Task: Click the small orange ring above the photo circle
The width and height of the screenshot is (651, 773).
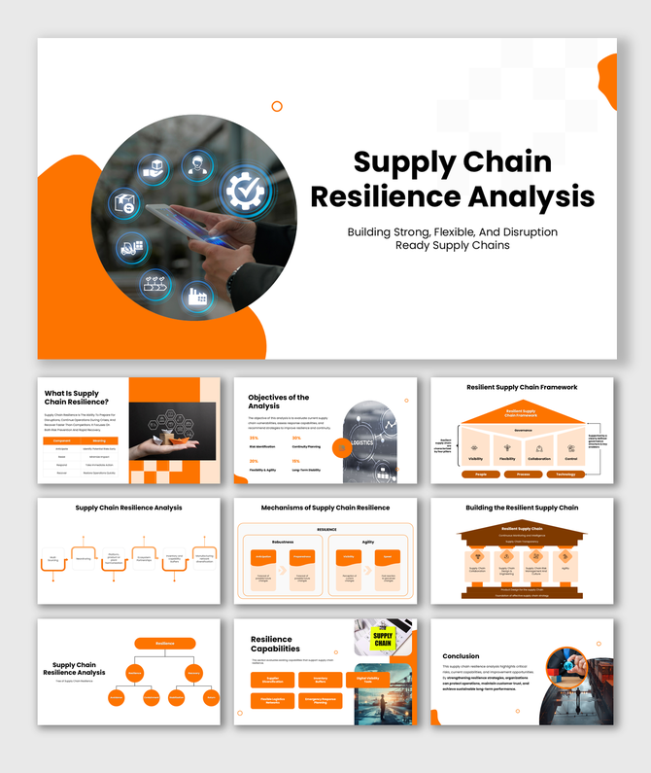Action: tap(277, 106)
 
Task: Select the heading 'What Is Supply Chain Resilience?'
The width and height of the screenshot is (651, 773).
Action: tap(77, 398)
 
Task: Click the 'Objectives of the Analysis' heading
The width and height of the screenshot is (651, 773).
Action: tap(279, 402)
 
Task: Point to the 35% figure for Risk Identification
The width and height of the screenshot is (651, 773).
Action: tap(254, 438)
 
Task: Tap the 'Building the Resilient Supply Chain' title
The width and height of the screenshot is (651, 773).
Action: tap(522, 508)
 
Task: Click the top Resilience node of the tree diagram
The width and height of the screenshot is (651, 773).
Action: tap(164, 643)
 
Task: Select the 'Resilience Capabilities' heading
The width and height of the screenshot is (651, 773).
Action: tap(276, 644)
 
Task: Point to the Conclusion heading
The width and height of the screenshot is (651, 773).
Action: tap(461, 656)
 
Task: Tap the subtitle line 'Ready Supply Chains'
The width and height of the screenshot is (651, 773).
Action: tap(452, 245)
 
